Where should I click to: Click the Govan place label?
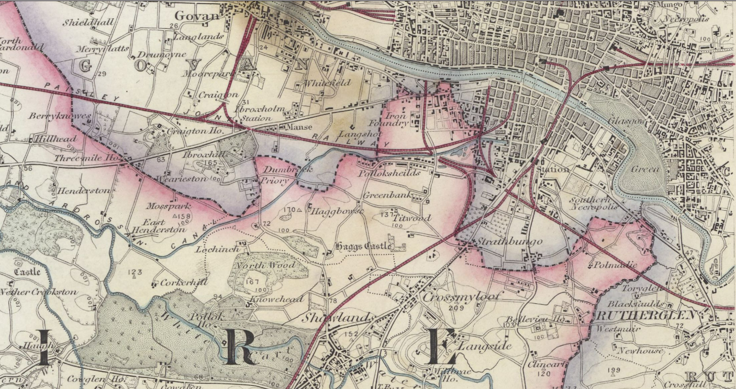point(197,16)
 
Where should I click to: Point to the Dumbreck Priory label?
point(279,175)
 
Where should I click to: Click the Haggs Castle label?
point(363,246)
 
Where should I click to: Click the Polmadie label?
point(615,265)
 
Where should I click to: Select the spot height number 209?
point(456,308)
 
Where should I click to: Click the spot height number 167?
point(252,282)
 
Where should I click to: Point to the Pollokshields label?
point(389,173)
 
